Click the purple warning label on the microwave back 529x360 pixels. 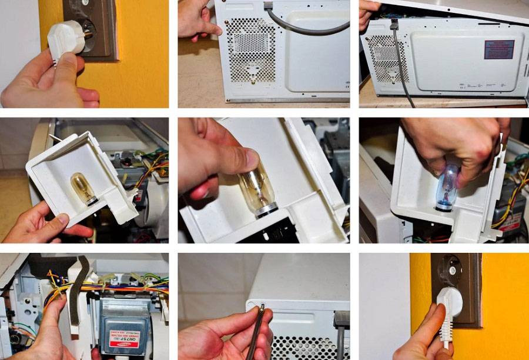click(x=499, y=49)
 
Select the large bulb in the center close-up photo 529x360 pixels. click(x=257, y=188)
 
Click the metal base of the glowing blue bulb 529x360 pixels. click(x=445, y=204)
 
